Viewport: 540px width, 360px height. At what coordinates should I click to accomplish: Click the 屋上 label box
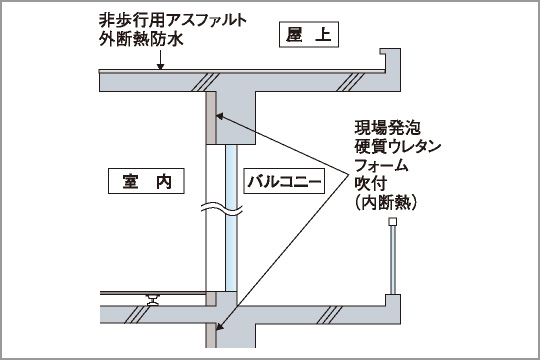tap(307, 37)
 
